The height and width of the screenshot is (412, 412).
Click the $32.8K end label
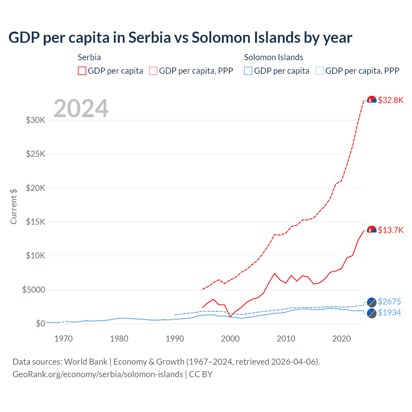tap(390, 100)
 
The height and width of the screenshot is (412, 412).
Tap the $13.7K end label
tap(390, 230)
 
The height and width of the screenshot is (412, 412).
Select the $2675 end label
tap(389, 302)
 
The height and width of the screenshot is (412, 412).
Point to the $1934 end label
tap(389, 313)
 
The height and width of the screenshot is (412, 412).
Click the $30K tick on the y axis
tap(35, 120)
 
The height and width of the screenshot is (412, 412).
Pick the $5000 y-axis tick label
tap(33, 290)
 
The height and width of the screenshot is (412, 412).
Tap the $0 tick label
tap(40, 323)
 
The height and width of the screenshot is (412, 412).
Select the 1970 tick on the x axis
tap(63, 339)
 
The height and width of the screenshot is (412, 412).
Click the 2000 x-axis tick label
tap(230, 339)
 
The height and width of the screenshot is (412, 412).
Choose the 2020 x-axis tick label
tap(342, 339)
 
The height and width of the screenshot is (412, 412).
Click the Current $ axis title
tap(14, 207)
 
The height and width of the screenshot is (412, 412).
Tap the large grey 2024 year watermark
tap(81, 108)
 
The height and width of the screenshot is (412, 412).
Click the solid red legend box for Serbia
tap(82, 71)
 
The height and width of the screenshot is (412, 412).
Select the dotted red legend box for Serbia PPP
tap(153, 71)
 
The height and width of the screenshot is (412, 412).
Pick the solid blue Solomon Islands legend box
tap(248, 71)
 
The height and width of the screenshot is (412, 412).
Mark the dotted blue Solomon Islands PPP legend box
tap(319, 71)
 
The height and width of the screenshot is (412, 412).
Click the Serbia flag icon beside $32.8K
tap(372, 100)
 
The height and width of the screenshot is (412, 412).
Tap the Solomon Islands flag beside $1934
tap(372, 313)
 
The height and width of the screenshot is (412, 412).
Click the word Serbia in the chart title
tap(150, 38)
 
